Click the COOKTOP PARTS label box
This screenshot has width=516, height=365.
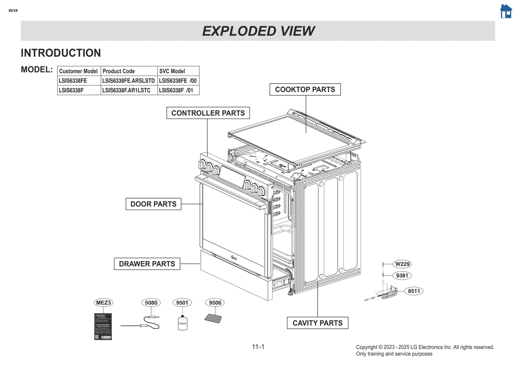[305, 89]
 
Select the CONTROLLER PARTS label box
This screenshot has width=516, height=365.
[208, 113]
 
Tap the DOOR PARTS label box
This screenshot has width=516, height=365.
[153, 204]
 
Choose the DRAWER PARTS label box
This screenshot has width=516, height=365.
[147, 264]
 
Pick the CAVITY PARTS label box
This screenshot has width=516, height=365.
[317, 323]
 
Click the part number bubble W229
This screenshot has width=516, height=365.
[402, 264]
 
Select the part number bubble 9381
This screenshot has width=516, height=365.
[402, 276]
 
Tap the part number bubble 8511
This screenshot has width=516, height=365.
[414, 291]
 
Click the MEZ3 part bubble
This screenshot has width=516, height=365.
[103, 303]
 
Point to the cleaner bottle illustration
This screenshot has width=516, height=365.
[183, 323]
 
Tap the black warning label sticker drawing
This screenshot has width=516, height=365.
[103, 326]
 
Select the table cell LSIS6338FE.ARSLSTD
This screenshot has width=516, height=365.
[128, 81]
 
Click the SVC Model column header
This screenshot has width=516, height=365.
[172, 71]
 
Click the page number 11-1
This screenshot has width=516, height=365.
[258, 347]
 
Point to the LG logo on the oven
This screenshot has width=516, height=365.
[234, 258]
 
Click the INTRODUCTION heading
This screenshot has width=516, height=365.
[61, 53]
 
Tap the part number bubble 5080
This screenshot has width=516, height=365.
[151, 303]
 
